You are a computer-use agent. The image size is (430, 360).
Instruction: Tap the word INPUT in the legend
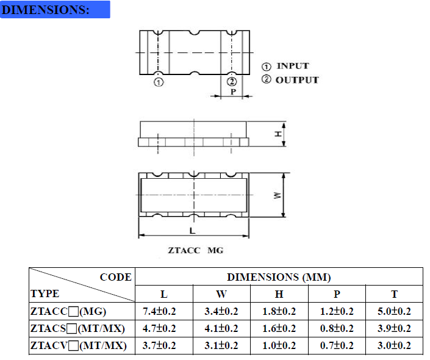[x=293, y=66]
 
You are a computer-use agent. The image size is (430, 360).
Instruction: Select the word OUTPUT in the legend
[x=297, y=80]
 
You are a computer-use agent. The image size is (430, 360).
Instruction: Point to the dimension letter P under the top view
[x=233, y=92]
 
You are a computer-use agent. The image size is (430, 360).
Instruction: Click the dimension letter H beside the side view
[x=278, y=134]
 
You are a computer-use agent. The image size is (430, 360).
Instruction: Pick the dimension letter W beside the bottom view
[x=278, y=195]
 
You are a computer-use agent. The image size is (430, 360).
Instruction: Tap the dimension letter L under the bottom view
[x=192, y=231]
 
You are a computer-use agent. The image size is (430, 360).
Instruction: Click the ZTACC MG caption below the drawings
[x=196, y=250]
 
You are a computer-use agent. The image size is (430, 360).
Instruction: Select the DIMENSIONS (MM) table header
[x=279, y=277]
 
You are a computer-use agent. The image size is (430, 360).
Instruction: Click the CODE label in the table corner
[x=115, y=277]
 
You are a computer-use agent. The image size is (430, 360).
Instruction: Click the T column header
[x=394, y=294]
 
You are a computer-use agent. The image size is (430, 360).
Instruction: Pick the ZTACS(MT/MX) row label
[x=77, y=329]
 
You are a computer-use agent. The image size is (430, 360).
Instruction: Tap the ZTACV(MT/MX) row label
[x=77, y=346]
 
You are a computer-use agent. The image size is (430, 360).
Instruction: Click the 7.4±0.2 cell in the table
[x=159, y=311]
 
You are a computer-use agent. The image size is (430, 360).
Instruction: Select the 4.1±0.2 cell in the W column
[x=221, y=329]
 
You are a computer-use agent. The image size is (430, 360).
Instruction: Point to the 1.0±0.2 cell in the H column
[x=279, y=346]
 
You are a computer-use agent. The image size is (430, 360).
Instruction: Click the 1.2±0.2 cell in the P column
[x=337, y=311]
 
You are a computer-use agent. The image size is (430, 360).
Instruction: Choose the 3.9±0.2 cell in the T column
[x=394, y=329]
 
